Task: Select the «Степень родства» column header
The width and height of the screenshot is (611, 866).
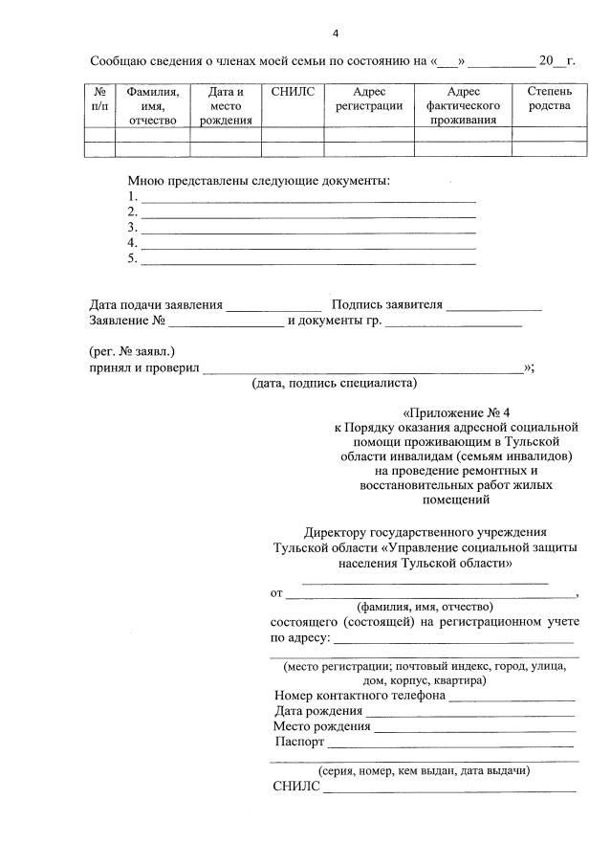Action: (550, 99)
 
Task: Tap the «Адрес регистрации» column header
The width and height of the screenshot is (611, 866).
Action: (368, 99)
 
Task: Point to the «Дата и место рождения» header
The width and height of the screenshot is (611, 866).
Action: (226, 105)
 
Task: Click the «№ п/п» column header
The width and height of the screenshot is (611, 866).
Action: (99, 99)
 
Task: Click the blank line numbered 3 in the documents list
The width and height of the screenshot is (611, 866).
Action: (308, 231)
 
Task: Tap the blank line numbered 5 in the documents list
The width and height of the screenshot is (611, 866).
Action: (308, 261)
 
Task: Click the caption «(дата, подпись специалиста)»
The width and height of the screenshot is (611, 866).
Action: (335, 384)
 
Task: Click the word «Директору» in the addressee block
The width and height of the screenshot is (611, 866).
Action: (335, 531)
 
